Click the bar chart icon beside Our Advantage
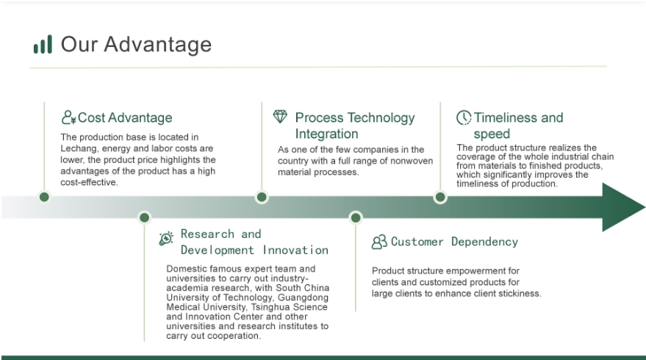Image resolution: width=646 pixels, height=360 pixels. click(43, 45)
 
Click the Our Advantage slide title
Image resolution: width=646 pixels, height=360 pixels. click(136, 45)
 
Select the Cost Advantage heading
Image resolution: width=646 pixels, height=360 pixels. click(125, 118)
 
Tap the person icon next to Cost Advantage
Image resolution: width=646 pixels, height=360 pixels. click(69, 118)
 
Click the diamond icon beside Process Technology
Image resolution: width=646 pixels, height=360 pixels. click(280, 117)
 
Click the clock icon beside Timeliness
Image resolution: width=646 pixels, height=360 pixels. click(464, 118)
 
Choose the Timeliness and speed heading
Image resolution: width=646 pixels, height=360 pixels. click(518, 126)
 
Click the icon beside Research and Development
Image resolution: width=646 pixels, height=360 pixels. click(167, 238)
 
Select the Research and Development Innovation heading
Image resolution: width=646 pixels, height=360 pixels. click(254, 242)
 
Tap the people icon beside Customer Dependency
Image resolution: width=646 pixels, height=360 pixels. click(379, 242)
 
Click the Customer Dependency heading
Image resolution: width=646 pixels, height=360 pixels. click(454, 242)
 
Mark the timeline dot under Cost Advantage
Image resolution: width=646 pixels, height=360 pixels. click(44, 197)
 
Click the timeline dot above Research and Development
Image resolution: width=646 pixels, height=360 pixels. click(144, 217)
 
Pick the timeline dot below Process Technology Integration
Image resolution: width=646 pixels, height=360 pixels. click(262, 197)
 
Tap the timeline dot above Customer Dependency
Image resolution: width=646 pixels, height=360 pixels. click(356, 217)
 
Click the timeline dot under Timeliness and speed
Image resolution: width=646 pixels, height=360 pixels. click(440, 197)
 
